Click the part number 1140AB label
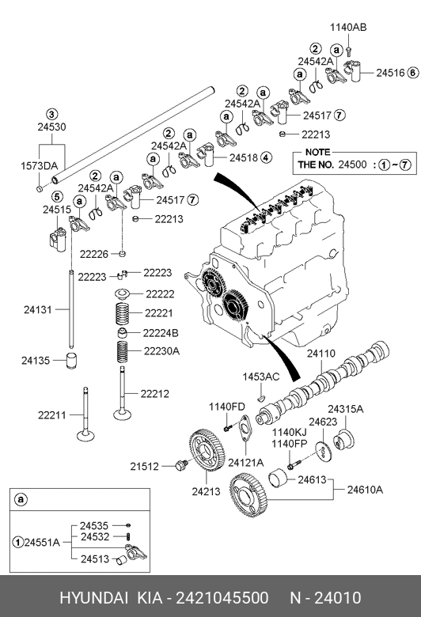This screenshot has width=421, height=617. click(x=348, y=27)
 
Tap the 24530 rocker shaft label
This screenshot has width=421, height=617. click(x=51, y=127)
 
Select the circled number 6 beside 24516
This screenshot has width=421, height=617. click(x=413, y=73)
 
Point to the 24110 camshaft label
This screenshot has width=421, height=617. click(x=321, y=354)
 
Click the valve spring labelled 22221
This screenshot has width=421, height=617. click(x=123, y=313)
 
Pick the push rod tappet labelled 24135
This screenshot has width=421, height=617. click(x=71, y=361)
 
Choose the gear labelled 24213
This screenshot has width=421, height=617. click(x=207, y=450)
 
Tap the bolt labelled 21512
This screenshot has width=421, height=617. click(x=181, y=465)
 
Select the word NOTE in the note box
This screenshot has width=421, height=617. click(x=317, y=152)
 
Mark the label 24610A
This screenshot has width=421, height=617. click(x=365, y=490)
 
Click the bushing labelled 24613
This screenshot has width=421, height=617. click(x=277, y=479)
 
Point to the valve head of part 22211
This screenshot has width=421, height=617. click(x=85, y=436)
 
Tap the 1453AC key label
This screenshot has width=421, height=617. click(x=260, y=377)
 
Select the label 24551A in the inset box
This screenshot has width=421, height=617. click(x=42, y=542)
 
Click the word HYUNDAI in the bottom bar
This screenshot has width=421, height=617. click(x=93, y=598)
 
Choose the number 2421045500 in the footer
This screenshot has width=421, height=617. click(x=222, y=598)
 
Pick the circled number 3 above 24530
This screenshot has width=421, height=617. click(x=52, y=115)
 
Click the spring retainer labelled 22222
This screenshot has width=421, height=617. click(x=123, y=294)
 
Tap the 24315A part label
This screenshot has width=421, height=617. click(x=346, y=409)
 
